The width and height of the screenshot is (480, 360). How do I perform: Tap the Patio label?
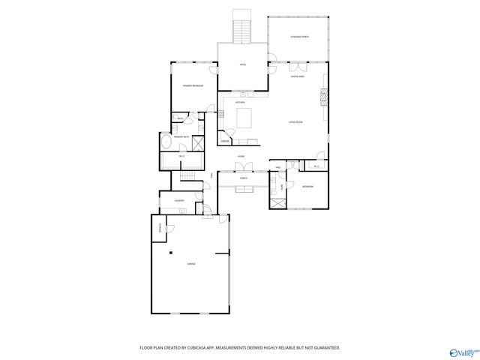coord(243,65)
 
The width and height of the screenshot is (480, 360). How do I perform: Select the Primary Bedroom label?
coord(193,86)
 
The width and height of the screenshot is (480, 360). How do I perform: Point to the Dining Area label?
coord(298,76)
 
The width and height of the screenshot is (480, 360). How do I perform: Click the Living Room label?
coord(295,121)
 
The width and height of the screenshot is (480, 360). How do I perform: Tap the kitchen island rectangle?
coord(245,118)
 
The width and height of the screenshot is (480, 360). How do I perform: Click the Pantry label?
coord(224,139)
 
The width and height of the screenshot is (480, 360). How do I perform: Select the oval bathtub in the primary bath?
coord(166,142)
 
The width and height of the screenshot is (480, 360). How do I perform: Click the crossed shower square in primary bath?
coord(199,144)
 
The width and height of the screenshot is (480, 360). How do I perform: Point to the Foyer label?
coord(241,156)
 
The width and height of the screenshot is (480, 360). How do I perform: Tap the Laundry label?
coord(179,201)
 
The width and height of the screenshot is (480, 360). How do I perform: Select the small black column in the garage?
coord(171,253)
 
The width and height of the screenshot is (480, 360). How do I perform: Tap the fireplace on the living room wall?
coord(324,98)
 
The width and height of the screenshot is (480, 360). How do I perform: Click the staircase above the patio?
coord(242,28)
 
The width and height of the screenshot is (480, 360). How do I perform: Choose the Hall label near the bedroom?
coord(277,168)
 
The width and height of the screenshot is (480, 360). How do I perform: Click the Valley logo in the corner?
coord(463,352)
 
